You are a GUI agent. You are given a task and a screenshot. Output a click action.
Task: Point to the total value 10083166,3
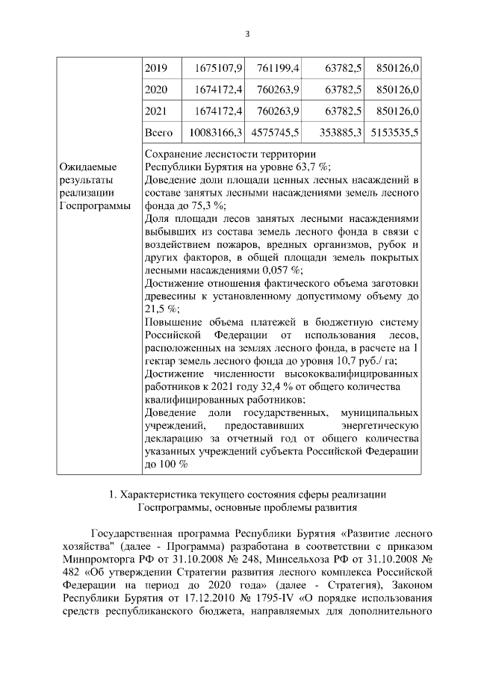click(x=213, y=133)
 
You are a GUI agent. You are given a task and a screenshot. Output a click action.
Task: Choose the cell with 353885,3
click(x=336, y=133)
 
